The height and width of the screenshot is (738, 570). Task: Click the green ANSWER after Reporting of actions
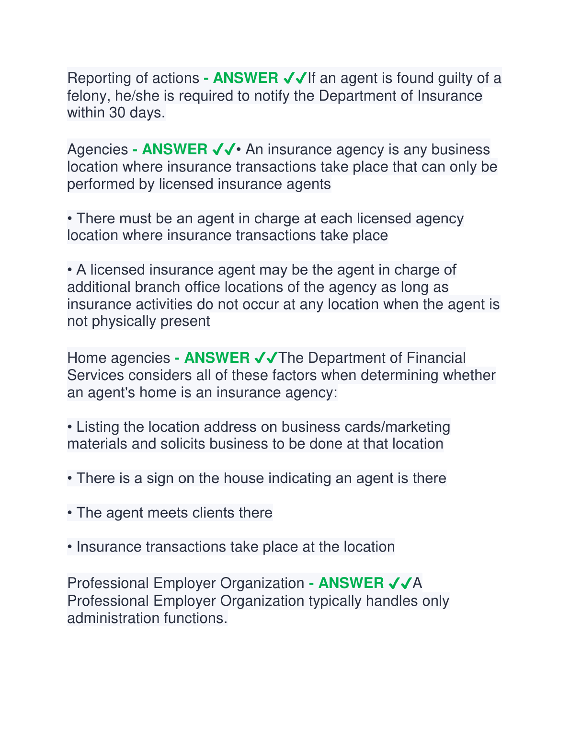[x=245, y=78]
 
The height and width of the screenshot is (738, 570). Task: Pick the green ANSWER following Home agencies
[x=217, y=357]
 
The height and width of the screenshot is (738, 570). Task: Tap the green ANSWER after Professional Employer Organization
[x=351, y=583]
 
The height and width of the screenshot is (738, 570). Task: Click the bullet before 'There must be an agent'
[x=70, y=219]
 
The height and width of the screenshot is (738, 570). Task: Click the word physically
[x=124, y=321]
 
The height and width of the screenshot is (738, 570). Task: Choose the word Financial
[x=436, y=358]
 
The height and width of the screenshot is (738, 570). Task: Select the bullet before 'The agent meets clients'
[x=70, y=513]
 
